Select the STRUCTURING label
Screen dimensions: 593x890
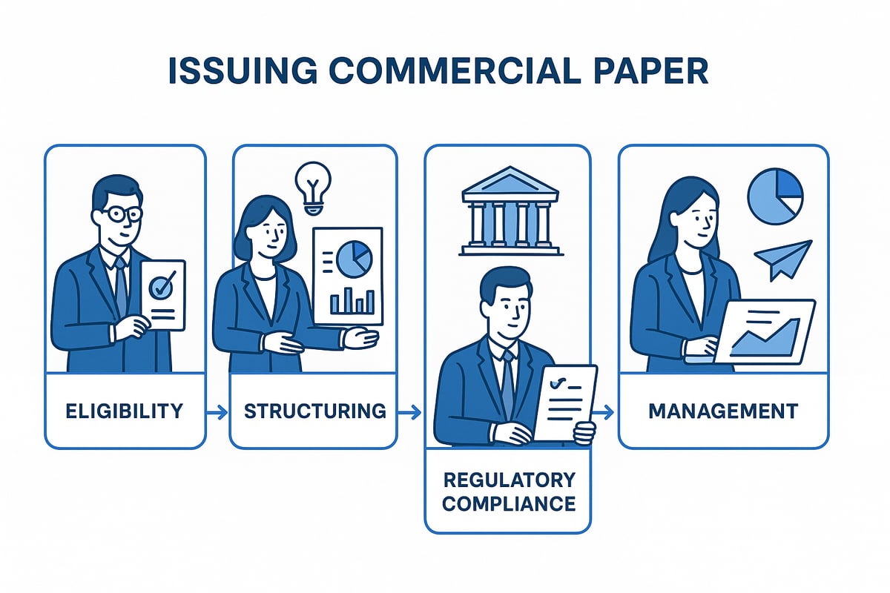[x=314, y=411]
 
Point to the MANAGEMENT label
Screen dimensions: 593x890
[x=723, y=411]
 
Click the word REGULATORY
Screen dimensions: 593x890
[x=508, y=479]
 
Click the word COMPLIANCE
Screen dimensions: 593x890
[x=508, y=504]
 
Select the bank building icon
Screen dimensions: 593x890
[x=507, y=211]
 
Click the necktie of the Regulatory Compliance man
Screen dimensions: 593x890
[x=508, y=378]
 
